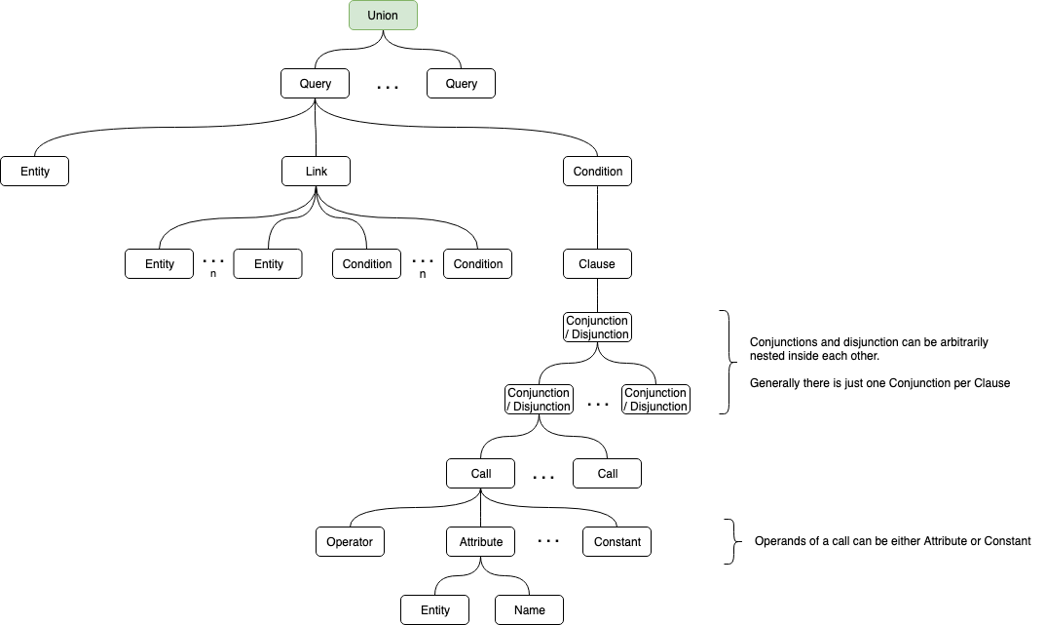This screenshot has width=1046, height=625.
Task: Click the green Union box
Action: pyautogui.click(x=383, y=16)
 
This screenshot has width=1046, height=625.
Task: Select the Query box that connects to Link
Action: pyautogui.click(x=315, y=84)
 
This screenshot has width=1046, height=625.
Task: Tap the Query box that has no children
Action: pyautogui.click(x=461, y=84)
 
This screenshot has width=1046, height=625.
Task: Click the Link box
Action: pyautogui.click(x=315, y=172)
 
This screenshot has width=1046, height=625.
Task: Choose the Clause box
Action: pyautogui.click(x=597, y=264)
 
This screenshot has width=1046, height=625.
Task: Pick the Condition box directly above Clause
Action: pyautogui.click(x=597, y=172)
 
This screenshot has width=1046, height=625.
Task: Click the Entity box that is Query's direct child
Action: pyautogui.click(x=34, y=172)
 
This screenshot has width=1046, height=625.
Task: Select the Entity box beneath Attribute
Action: pyautogui.click(x=435, y=610)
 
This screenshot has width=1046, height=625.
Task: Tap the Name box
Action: pyautogui.click(x=529, y=610)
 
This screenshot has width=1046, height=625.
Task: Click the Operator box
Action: pyautogui.click(x=350, y=542)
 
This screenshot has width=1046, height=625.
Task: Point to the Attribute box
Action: pyautogui.click(x=480, y=542)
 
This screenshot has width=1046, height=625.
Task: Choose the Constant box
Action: pyautogui.click(x=617, y=542)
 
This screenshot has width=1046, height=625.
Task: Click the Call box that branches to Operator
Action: pyautogui.click(x=480, y=474)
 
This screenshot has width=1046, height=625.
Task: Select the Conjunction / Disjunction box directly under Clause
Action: pyautogui.click(x=597, y=328)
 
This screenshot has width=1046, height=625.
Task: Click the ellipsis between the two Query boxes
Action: pyautogui.click(x=388, y=88)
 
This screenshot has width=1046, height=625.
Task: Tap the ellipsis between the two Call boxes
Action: pyautogui.click(x=543, y=478)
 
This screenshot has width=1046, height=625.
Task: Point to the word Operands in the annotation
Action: pyautogui.click(x=778, y=541)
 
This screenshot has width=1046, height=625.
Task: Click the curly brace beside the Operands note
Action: pyautogui.click(x=728, y=541)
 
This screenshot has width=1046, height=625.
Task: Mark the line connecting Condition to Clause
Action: pyautogui.click(x=597, y=217)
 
